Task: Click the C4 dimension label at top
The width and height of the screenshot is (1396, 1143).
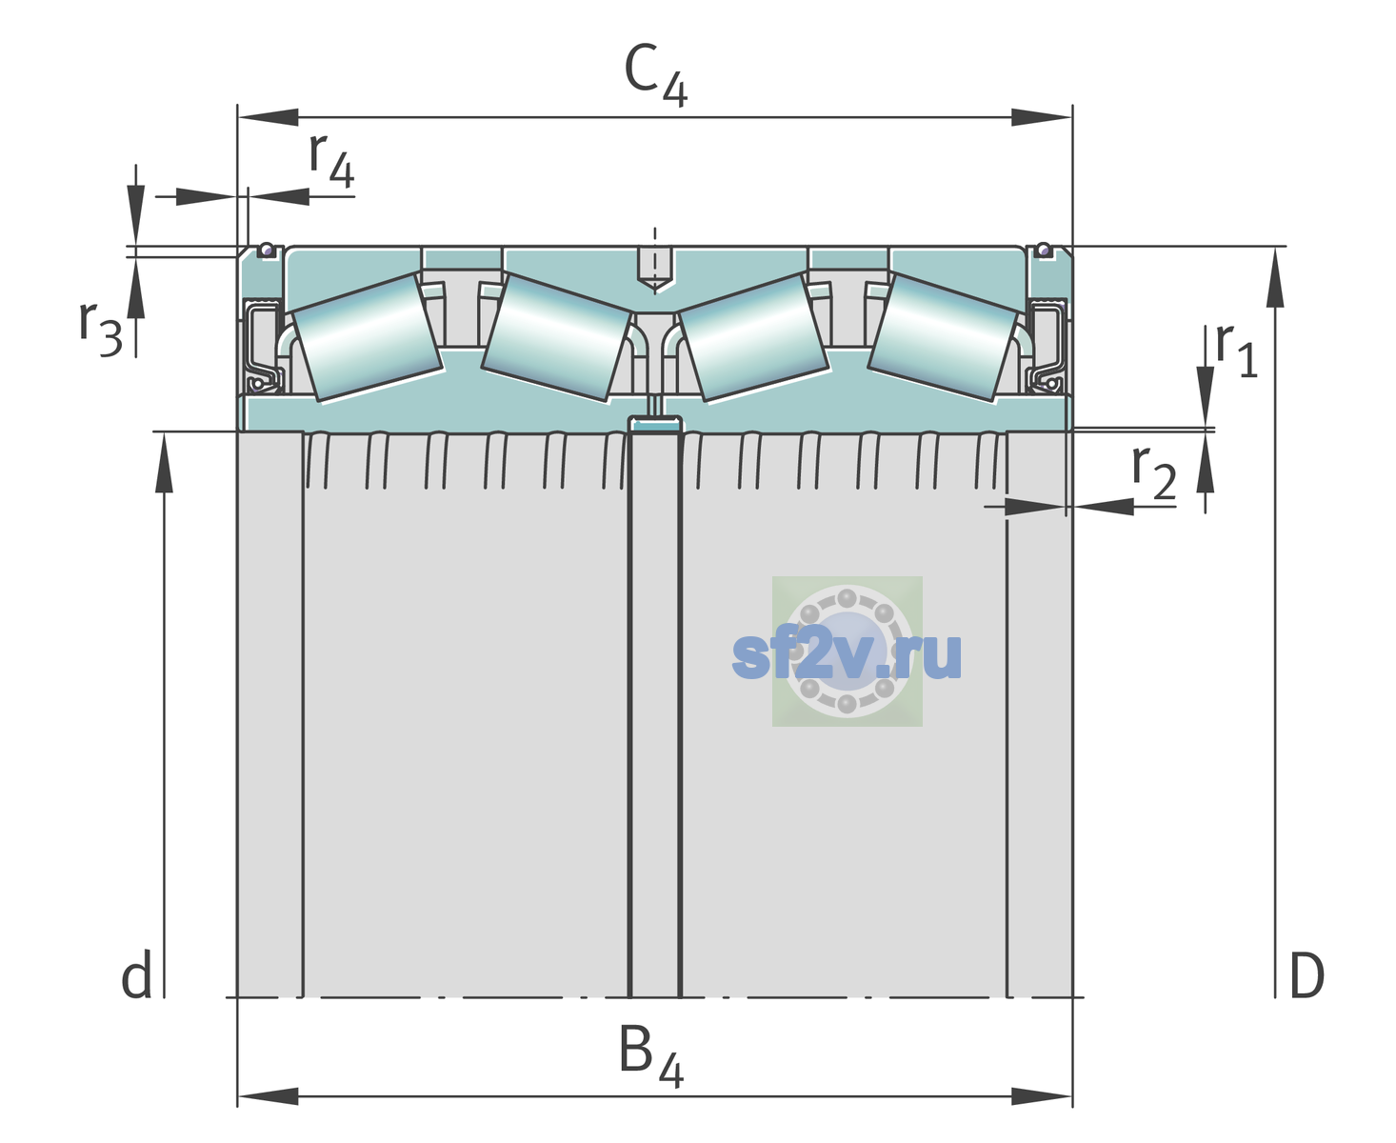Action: coord(655,74)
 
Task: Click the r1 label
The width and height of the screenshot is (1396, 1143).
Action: coord(1236,350)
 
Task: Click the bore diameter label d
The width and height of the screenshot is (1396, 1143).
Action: coord(136,973)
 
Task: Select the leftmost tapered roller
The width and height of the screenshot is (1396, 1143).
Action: coord(367,338)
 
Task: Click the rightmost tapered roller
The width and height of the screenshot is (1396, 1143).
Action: coord(943,338)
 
